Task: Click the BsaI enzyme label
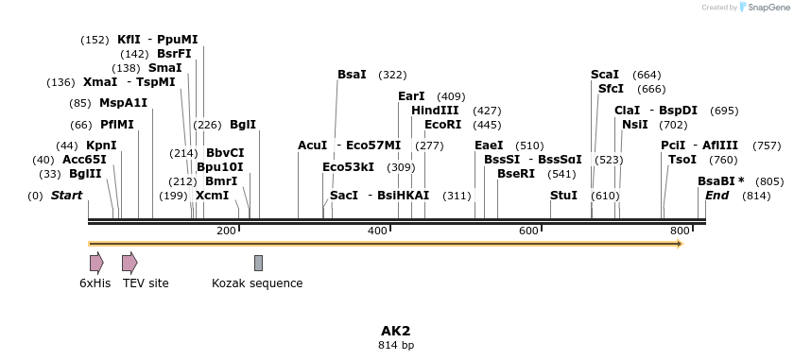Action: [352, 74]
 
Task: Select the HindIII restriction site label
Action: [435, 111]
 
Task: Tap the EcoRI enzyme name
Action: [442, 125]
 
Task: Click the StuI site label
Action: [563, 196]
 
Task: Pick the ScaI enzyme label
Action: [605, 74]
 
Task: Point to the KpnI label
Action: [101, 146]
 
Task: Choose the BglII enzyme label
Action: [85, 174]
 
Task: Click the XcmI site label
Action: [212, 196]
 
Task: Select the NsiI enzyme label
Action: [635, 125]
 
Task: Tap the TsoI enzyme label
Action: [682, 160]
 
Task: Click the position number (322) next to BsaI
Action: [392, 74]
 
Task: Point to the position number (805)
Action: [769, 181]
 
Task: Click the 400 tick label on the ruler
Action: [378, 231]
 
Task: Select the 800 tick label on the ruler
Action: [680, 231]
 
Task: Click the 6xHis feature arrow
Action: [96, 263]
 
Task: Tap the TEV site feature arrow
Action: [129, 263]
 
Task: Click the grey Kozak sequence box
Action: [258, 263]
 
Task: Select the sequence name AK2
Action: [396, 331]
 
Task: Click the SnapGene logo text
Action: [768, 8]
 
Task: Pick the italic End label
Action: [716, 196]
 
